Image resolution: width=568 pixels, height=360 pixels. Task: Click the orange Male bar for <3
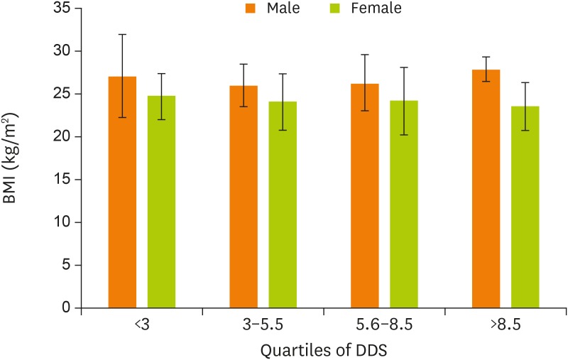click(122, 192)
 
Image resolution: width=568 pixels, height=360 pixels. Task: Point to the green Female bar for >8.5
click(525, 207)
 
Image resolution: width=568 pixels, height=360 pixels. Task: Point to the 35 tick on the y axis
click(60, 9)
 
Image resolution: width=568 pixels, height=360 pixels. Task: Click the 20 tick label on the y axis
click(60, 137)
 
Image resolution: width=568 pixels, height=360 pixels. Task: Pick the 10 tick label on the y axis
click(60, 223)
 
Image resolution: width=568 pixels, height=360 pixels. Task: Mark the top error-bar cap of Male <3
click(122, 34)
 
